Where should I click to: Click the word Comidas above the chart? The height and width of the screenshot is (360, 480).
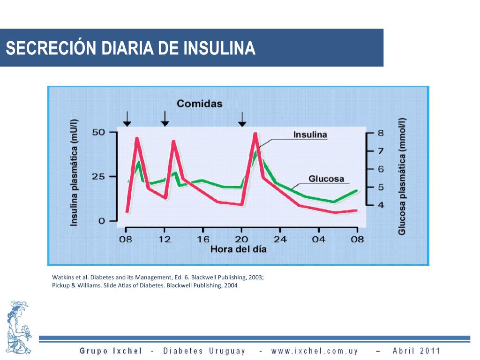199,104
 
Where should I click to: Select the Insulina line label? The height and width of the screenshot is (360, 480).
310,135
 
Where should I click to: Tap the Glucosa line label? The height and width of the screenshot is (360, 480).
326,179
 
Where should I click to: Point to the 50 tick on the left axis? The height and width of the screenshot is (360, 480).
98,132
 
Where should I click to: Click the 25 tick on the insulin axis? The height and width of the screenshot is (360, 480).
98,177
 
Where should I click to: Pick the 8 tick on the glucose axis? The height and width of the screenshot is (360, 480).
381,133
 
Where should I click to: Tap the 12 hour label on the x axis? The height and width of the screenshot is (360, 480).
165,239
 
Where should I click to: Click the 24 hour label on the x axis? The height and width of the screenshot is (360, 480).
280,239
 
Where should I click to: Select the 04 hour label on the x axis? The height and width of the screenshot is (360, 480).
319,239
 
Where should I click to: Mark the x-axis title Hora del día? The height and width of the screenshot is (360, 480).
238,249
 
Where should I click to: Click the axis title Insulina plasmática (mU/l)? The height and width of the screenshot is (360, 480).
75,172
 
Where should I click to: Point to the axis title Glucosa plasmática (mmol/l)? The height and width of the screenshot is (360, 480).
402,176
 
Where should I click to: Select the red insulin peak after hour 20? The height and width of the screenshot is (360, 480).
255,135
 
